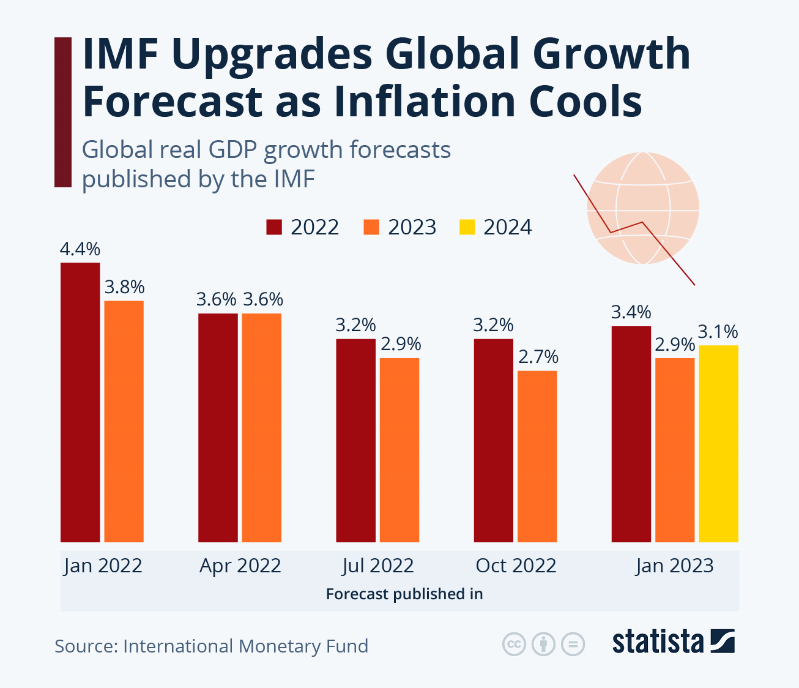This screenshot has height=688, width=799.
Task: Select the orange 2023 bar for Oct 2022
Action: (x=537, y=456)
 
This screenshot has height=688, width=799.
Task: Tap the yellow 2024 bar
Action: (x=718, y=443)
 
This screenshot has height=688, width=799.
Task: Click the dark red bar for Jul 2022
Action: (x=355, y=440)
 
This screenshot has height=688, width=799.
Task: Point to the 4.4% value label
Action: (x=80, y=250)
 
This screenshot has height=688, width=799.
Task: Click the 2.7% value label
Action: (x=538, y=357)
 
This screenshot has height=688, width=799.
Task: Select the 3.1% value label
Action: (x=718, y=332)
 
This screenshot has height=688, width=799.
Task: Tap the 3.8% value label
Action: (x=124, y=287)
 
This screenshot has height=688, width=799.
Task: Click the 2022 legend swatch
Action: (x=274, y=227)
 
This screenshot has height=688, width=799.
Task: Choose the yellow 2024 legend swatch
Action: (x=467, y=227)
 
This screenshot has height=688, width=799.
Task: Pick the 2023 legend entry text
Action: (x=412, y=227)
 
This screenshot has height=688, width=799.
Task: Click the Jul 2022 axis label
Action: (x=378, y=566)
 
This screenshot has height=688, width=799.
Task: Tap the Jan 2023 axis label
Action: (x=674, y=566)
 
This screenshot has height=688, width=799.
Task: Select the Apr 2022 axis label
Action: (x=240, y=566)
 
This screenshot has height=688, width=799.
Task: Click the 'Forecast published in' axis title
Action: (x=404, y=594)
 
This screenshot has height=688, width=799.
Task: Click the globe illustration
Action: (x=642, y=208)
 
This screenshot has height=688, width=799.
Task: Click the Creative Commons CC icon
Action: (x=514, y=644)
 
